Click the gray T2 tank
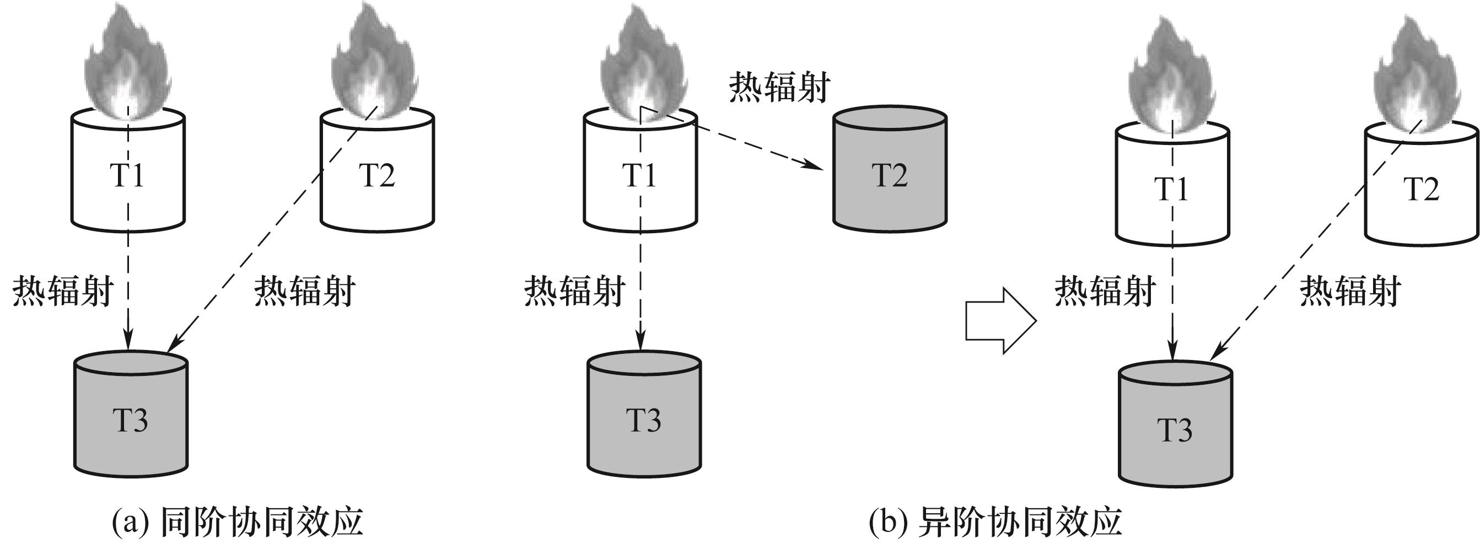[890, 173]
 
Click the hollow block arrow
[1000, 321]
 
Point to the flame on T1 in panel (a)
[127, 66]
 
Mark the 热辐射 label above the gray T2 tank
[779, 88]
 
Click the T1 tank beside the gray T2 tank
[640, 173]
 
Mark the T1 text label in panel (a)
[127, 175]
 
